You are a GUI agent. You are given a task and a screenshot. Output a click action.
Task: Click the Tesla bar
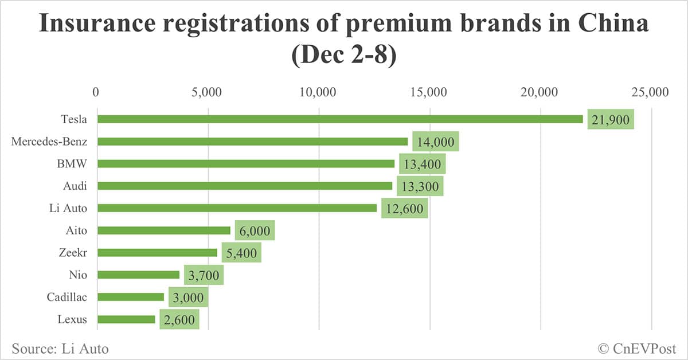pyautogui.click(x=340, y=119)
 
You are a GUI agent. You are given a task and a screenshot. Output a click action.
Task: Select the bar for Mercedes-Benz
pyautogui.click(x=252, y=142)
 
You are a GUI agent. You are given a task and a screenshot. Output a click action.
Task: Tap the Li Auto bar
pyautogui.click(x=237, y=208)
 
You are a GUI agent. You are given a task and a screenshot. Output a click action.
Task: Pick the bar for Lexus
pyautogui.click(x=126, y=319)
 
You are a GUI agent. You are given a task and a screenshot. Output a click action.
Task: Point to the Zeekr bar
pyautogui.click(x=157, y=252)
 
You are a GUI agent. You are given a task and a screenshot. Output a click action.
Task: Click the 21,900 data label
pyautogui.click(x=611, y=120)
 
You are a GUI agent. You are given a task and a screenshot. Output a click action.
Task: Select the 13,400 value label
pyautogui.click(x=422, y=165)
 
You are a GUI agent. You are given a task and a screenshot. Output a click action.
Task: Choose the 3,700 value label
pyautogui.click(x=204, y=276)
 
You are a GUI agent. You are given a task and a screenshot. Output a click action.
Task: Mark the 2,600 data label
pyautogui.click(x=179, y=320)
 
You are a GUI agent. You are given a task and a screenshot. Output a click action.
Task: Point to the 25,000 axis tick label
pyautogui.click(x=651, y=92)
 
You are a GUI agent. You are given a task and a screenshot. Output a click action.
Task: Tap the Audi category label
pyautogui.click(x=75, y=186)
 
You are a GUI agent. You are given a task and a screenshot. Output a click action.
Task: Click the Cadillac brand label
pyautogui.click(x=67, y=297)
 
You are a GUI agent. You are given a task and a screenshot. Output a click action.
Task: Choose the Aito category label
pyautogui.click(x=76, y=230)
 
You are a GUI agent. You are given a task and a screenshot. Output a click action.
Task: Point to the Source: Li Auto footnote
pyautogui.click(x=60, y=348)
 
